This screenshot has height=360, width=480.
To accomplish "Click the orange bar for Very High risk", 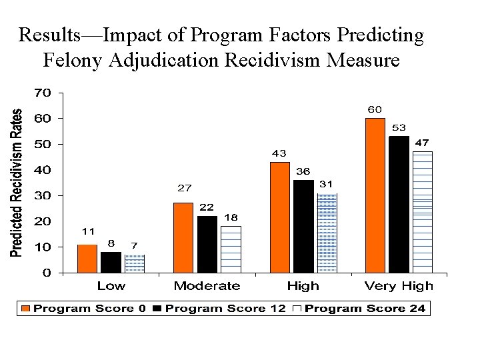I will click(x=375, y=195).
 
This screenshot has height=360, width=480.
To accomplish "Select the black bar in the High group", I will click(x=303, y=226).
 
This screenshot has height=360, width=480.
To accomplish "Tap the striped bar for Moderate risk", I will click(x=231, y=249).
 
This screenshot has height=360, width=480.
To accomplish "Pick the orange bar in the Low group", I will click(x=87, y=259).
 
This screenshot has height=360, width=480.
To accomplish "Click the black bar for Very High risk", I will click(x=399, y=204).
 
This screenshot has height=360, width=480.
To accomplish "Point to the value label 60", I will click(x=375, y=109).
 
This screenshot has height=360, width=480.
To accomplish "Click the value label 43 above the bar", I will click(x=279, y=153).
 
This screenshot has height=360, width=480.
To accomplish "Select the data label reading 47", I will click(x=423, y=143).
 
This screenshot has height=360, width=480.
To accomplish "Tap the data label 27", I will click(x=183, y=187).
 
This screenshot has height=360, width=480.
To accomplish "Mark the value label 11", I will click(x=87, y=231).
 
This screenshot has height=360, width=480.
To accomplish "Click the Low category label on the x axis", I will click(x=111, y=286).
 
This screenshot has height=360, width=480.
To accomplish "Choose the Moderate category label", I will click(x=207, y=286).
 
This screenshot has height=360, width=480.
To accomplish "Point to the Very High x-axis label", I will click(x=399, y=286).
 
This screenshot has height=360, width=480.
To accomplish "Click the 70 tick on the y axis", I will click(x=42, y=93).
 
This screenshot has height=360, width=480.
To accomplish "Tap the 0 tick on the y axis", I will click(x=46, y=273).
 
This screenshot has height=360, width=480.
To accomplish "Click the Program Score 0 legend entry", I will click(x=84, y=308).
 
